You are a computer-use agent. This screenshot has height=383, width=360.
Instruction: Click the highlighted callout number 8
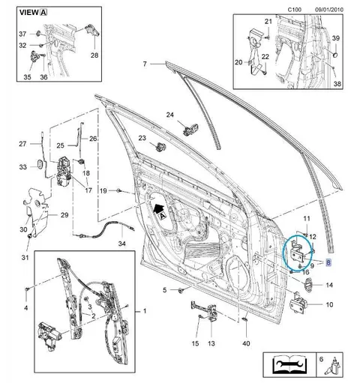pos(328,262)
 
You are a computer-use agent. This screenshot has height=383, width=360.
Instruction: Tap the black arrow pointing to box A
pos(158,208)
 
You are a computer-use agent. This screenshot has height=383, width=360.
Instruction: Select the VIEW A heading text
pos(33,13)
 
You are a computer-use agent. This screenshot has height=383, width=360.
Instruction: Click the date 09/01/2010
pos(329,10)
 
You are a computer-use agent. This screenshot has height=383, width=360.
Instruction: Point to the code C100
pos(295,10)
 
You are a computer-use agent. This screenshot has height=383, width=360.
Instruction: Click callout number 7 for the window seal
pos(145,64)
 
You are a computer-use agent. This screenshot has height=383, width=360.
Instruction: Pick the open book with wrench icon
pos(289,365)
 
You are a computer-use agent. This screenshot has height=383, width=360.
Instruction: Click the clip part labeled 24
pos(191,130)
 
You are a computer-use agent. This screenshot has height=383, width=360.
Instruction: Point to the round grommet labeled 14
pos(307,284)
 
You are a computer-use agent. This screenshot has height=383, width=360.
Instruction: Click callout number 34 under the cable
pos(121,243)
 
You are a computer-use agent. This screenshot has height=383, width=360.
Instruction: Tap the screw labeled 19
pos(118,191)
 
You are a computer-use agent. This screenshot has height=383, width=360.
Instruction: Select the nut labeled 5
pos(180,290)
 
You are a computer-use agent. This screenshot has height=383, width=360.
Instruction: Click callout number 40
pos(246,343)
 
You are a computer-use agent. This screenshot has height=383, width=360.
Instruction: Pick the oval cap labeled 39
pos(335,54)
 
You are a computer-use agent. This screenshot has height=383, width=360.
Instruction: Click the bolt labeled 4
pos(27,289)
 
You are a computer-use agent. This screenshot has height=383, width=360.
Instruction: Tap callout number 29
pos(64,215)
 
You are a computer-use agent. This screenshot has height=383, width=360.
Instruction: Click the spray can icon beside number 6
pos(332,367)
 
